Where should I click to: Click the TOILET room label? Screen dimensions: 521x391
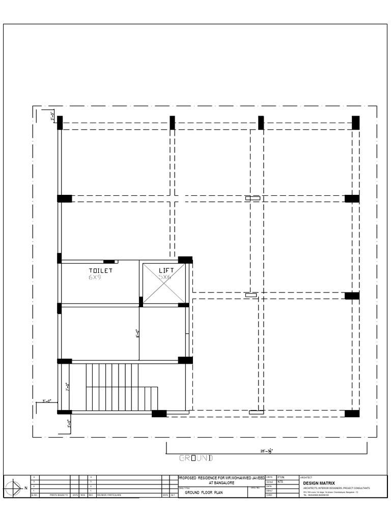(101, 271)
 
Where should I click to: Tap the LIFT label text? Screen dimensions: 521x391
(166, 271)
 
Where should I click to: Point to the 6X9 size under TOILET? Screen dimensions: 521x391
(95, 277)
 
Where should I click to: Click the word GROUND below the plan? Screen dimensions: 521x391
(195, 458)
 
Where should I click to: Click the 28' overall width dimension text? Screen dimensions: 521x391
(266, 450)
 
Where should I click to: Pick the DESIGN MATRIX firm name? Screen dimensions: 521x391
(319, 483)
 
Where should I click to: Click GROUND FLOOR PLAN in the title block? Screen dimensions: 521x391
(204, 493)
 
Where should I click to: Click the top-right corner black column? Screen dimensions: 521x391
(355, 123)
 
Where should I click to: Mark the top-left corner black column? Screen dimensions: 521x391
(60, 123)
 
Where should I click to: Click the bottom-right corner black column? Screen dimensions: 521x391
(352, 413)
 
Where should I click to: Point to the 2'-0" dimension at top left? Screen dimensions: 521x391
(52, 117)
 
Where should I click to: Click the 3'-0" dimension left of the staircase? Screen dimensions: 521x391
(47, 401)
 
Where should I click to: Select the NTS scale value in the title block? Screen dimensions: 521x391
(281, 482)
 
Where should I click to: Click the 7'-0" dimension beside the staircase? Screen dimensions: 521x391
(67, 387)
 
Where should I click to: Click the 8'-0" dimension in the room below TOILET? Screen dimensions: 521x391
(137, 334)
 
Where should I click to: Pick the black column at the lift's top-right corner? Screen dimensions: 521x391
(185, 260)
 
